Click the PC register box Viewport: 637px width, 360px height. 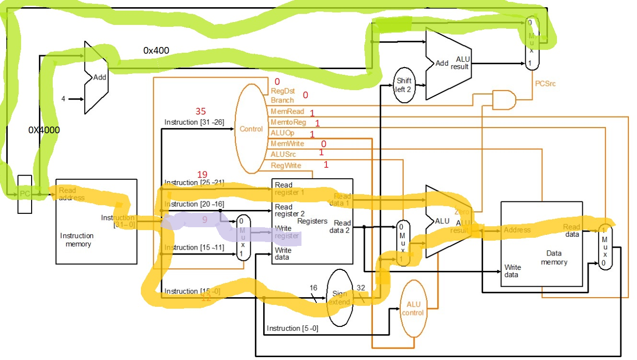pos(25,194)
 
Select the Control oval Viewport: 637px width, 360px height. pos(251,128)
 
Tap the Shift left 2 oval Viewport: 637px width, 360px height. pos(404,85)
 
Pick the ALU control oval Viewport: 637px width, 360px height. pos(413,309)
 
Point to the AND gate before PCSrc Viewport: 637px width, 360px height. pos(504,100)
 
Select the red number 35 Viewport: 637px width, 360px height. pos(200,111)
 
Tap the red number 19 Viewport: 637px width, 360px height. pos(202,174)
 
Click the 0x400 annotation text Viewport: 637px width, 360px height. pos(156,50)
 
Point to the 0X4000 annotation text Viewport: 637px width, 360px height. pos(45,129)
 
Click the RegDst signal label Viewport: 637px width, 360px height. pos(283,91)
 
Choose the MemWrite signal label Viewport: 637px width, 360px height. pos(287,143)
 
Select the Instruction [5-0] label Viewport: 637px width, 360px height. pos(292,328)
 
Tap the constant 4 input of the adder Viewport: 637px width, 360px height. pos(63,99)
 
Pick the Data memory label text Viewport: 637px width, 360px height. pos(554,257)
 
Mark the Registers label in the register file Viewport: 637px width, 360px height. pos(313,221)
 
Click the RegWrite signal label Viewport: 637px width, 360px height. pos(286,165)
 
